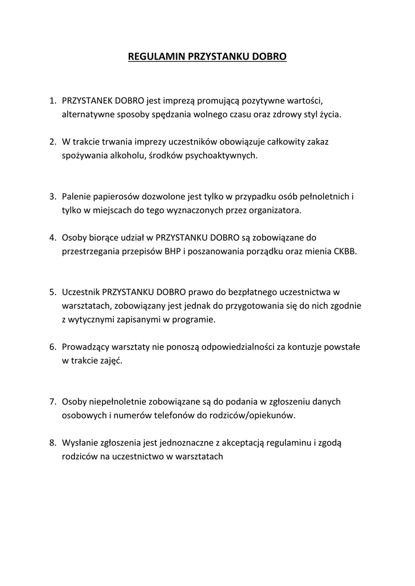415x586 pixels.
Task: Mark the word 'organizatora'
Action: point(275,210)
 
